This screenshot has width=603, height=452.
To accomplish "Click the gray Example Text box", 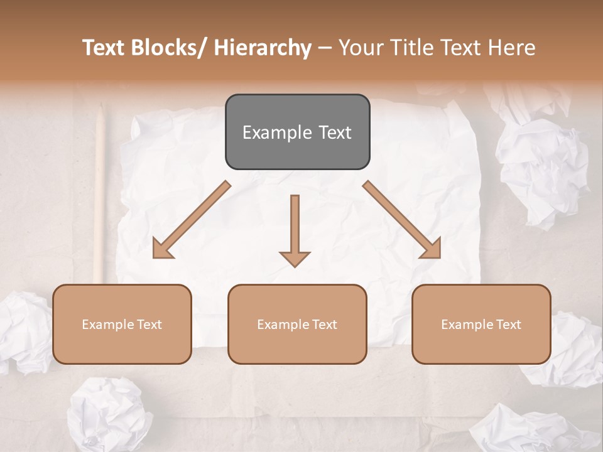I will click(x=297, y=132).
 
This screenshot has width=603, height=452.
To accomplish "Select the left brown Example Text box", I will click(x=122, y=324).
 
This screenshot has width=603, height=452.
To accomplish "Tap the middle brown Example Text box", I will click(x=297, y=324).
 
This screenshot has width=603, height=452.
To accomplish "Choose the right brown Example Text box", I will click(x=481, y=324).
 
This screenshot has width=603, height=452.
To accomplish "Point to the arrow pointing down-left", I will click(x=192, y=220).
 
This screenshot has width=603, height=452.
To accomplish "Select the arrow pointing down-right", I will click(x=402, y=220).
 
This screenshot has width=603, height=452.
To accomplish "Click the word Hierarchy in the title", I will click(x=263, y=48).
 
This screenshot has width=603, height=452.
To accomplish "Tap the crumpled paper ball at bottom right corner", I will click(x=534, y=430).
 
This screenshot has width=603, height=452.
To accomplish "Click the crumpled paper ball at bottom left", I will click(x=110, y=414).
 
